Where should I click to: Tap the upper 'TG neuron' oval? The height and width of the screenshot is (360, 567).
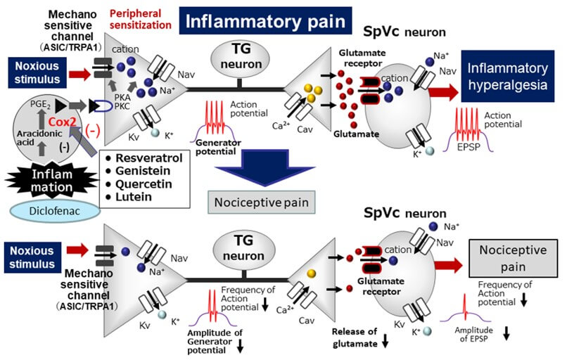(240, 57)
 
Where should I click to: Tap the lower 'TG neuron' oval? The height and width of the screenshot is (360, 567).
(240, 246)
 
